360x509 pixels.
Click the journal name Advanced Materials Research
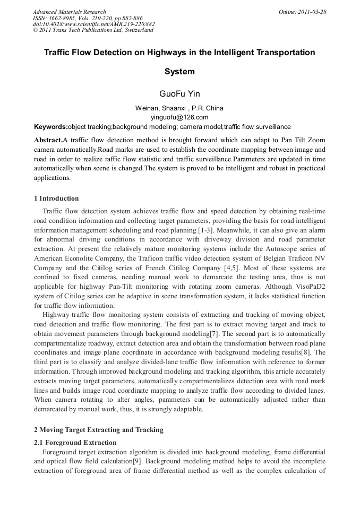point(69,12)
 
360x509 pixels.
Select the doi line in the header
point(93,24)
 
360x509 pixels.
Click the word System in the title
point(179,72)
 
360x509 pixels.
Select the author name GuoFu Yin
point(179,94)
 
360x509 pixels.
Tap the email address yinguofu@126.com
point(179,117)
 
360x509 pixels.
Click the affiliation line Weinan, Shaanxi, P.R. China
point(179,108)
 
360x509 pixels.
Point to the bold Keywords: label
point(51,127)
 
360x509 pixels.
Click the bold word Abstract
point(48,140)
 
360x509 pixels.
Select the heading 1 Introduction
point(56,199)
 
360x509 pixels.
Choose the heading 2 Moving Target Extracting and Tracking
point(98,429)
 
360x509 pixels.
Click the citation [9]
point(134,461)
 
